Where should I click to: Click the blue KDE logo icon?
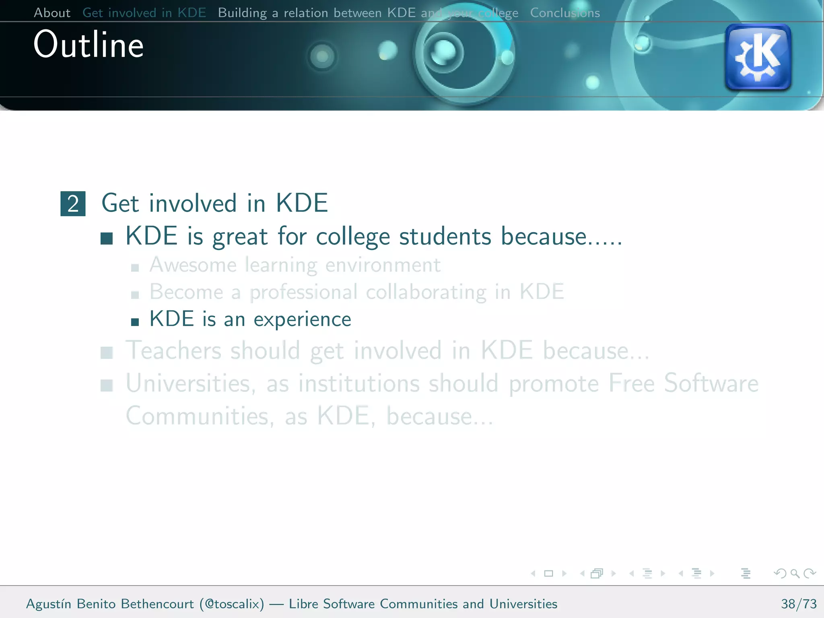click(758, 57)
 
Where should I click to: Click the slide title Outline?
click(89, 45)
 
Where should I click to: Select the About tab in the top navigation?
click(52, 13)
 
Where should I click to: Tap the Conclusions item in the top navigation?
click(564, 13)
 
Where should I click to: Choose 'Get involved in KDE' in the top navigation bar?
click(144, 13)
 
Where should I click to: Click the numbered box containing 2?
click(73, 204)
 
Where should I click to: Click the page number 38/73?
click(799, 604)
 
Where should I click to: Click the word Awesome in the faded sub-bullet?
click(193, 265)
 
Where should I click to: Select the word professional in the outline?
click(303, 293)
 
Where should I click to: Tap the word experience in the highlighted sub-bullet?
click(302, 320)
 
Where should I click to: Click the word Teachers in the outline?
click(173, 350)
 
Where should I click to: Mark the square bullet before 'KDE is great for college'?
click(107, 239)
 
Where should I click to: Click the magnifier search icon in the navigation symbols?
click(795, 573)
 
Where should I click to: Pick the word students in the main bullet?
click(445, 237)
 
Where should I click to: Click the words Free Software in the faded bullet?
click(683, 383)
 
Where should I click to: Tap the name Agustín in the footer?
click(49, 604)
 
